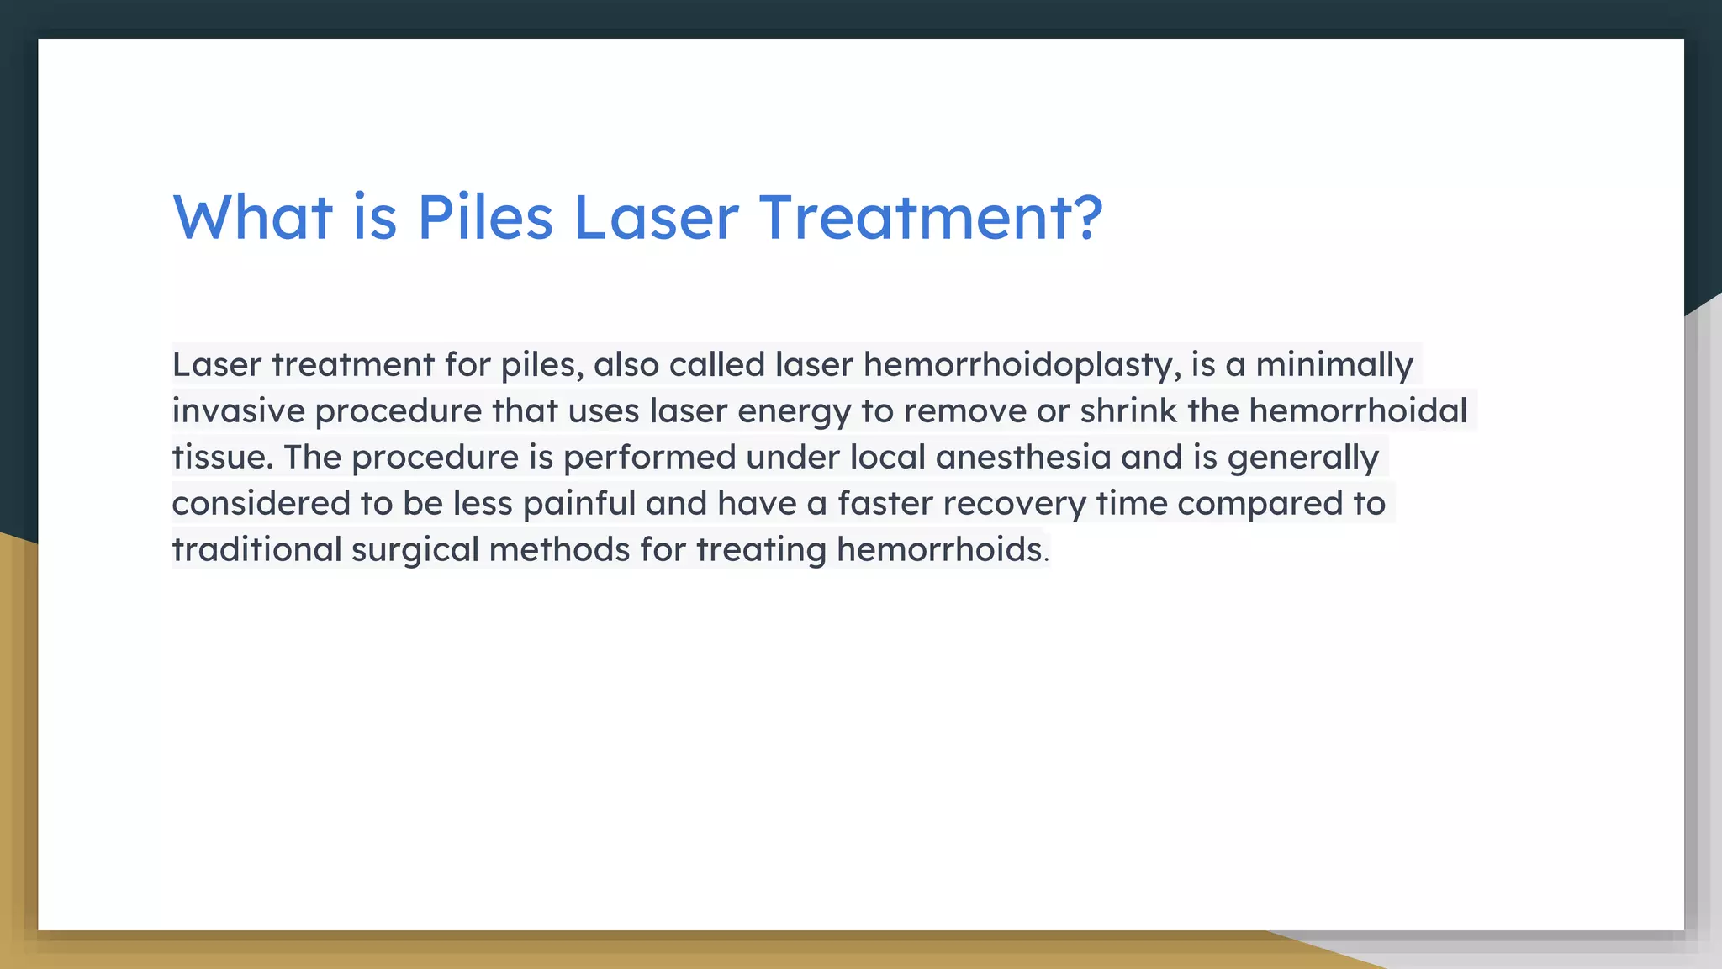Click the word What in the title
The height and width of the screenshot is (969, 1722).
pos(252,217)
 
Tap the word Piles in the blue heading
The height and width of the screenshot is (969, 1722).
pos(485,217)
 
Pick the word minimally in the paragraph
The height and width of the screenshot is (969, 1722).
pos(1334,365)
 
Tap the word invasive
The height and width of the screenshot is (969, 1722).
pos(238,411)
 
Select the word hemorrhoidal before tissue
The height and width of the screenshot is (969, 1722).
pos(1358,411)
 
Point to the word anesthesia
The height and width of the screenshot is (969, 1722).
pos(1022,458)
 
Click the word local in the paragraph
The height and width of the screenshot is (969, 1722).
pos(887,458)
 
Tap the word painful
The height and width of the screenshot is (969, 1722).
pos(578,504)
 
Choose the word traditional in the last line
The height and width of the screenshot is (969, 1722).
pos(256,550)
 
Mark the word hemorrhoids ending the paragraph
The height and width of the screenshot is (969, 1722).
pos(939,550)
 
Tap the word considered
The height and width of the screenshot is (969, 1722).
pos(261,504)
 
